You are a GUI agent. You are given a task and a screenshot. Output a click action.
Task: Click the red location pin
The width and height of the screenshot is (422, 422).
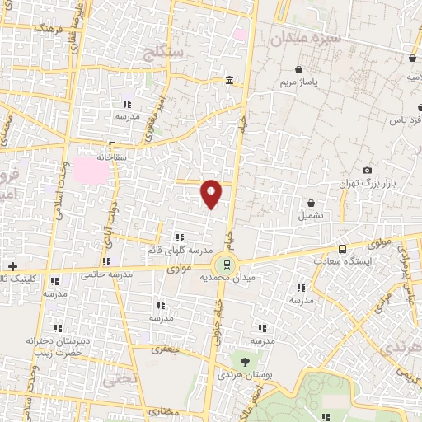[x=212, y=194]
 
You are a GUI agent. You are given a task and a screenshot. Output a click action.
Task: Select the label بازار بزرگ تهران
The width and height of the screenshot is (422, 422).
[x=370, y=181]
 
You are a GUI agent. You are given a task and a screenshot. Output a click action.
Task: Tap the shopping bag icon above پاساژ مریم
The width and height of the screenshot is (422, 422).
[x=308, y=70]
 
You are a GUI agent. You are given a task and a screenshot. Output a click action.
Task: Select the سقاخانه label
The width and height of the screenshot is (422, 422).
[x=110, y=156]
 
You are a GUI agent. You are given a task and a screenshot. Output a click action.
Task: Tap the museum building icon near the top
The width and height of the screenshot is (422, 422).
[x=228, y=81]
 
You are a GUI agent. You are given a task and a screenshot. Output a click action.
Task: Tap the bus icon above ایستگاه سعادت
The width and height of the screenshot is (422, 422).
[x=342, y=249]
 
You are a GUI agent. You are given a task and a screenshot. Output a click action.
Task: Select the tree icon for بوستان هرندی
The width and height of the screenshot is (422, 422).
[x=244, y=361]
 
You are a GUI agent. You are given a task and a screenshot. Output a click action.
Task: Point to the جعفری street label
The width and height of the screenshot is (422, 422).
[x=169, y=349]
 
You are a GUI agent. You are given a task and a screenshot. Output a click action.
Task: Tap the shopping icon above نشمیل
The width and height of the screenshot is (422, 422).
[x=312, y=204]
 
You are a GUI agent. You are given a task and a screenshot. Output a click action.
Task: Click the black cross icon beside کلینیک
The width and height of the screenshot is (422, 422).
[x=12, y=266]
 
